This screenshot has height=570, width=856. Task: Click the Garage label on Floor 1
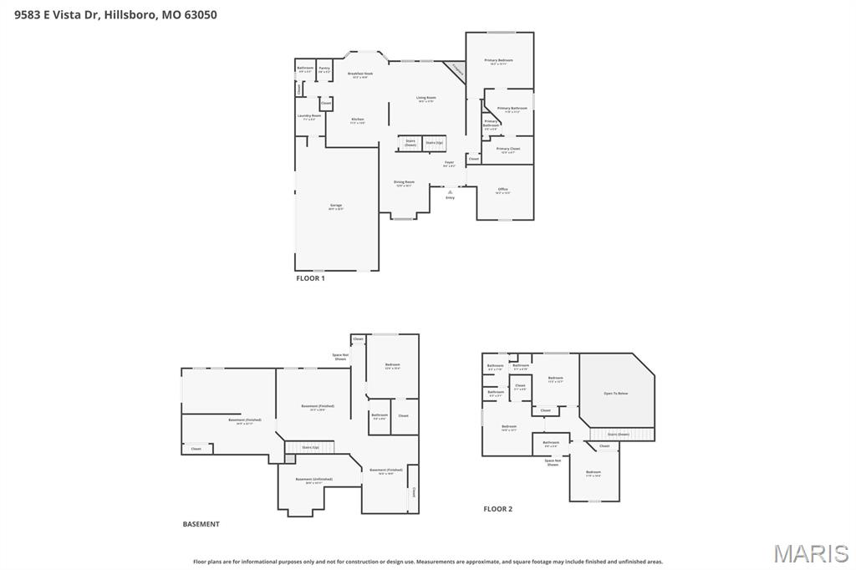336,206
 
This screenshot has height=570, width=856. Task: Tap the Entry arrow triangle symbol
450,192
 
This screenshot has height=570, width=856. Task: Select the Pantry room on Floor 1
324,69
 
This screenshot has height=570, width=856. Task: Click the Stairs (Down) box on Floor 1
410,143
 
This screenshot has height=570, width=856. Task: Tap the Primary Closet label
508,150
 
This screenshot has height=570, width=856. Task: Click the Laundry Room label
309,117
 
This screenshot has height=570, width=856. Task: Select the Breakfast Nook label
360,74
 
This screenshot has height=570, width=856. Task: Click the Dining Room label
405,183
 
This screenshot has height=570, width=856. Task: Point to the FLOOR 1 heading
310,278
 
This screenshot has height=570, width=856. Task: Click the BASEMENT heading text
201,524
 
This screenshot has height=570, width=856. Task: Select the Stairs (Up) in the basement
310,448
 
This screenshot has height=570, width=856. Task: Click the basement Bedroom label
392,365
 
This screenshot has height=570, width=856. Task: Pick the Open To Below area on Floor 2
616,393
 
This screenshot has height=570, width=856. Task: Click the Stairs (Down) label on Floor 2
618,435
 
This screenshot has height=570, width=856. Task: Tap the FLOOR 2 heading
498,509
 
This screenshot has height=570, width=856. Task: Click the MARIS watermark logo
811,553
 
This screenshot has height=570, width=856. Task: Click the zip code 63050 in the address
199,14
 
